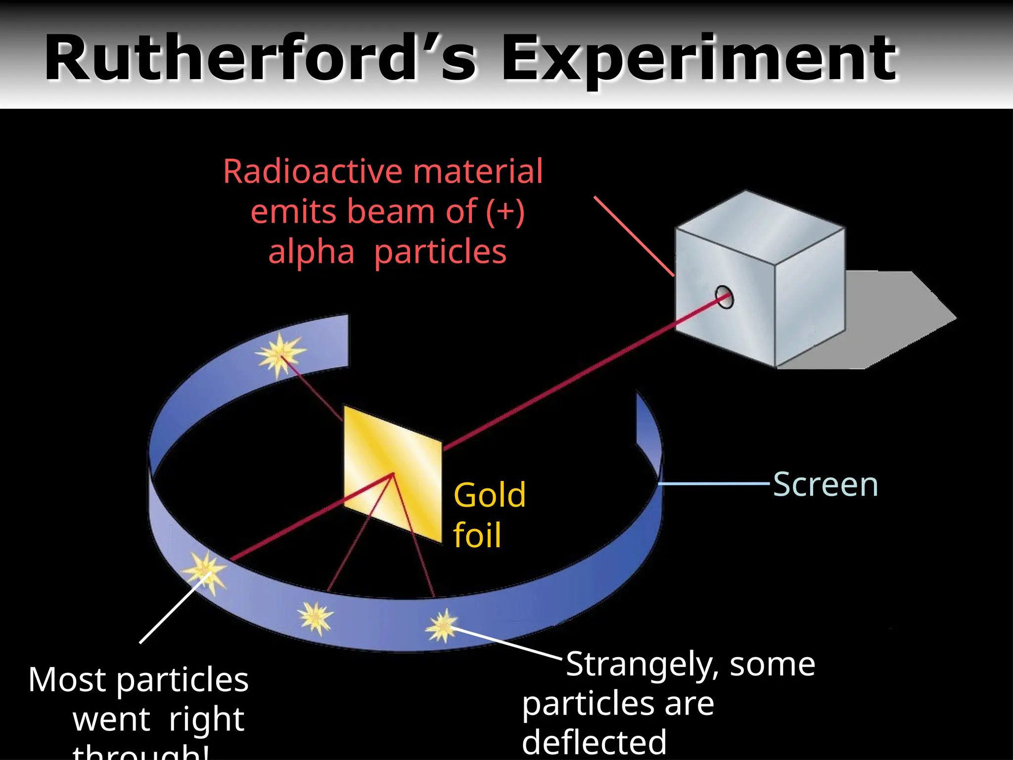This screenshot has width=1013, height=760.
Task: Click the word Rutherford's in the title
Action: coord(260,58)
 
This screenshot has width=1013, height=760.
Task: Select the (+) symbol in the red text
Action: coord(505,212)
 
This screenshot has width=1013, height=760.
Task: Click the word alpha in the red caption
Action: coord(311,252)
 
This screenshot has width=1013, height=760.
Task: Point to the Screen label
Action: coord(825,484)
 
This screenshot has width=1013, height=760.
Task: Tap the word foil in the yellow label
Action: coord(477,535)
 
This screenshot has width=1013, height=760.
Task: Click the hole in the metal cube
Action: coord(724,297)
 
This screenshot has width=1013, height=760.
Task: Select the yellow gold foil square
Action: coord(392,474)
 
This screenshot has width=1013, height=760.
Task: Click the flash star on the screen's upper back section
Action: coord(280,353)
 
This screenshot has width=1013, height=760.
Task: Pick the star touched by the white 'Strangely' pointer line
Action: coord(442,626)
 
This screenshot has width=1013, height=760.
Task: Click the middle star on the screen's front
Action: coord(316,617)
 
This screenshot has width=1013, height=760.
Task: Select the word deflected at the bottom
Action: coord(594,743)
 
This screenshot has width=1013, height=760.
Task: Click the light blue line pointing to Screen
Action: coord(715,483)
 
